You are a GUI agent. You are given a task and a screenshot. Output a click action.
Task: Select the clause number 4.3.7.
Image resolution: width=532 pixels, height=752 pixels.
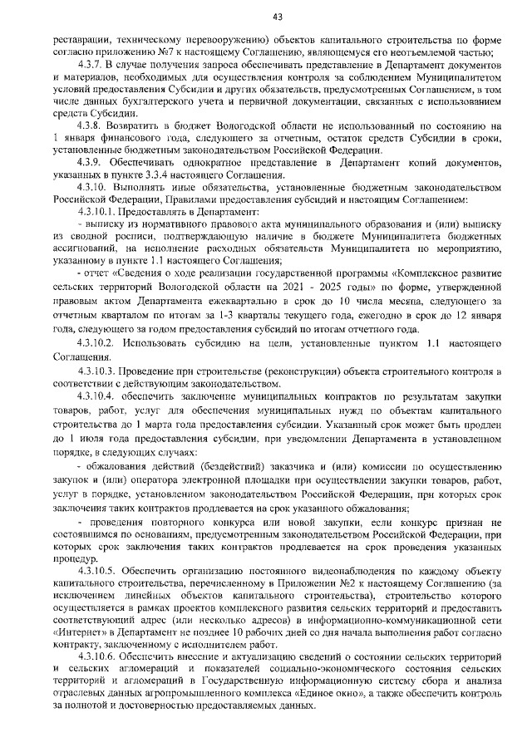(x=88, y=65)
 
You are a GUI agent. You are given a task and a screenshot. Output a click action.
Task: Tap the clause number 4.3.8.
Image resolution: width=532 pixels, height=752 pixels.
(x=88, y=125)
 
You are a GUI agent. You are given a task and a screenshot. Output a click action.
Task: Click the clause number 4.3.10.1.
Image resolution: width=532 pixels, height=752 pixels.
(x=94, y=213)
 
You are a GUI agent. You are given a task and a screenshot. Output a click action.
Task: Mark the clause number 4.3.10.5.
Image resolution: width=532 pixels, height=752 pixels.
(x=94, y=573)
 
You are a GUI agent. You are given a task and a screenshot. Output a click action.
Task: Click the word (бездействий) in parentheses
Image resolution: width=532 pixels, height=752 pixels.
(x=215, y=455)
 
